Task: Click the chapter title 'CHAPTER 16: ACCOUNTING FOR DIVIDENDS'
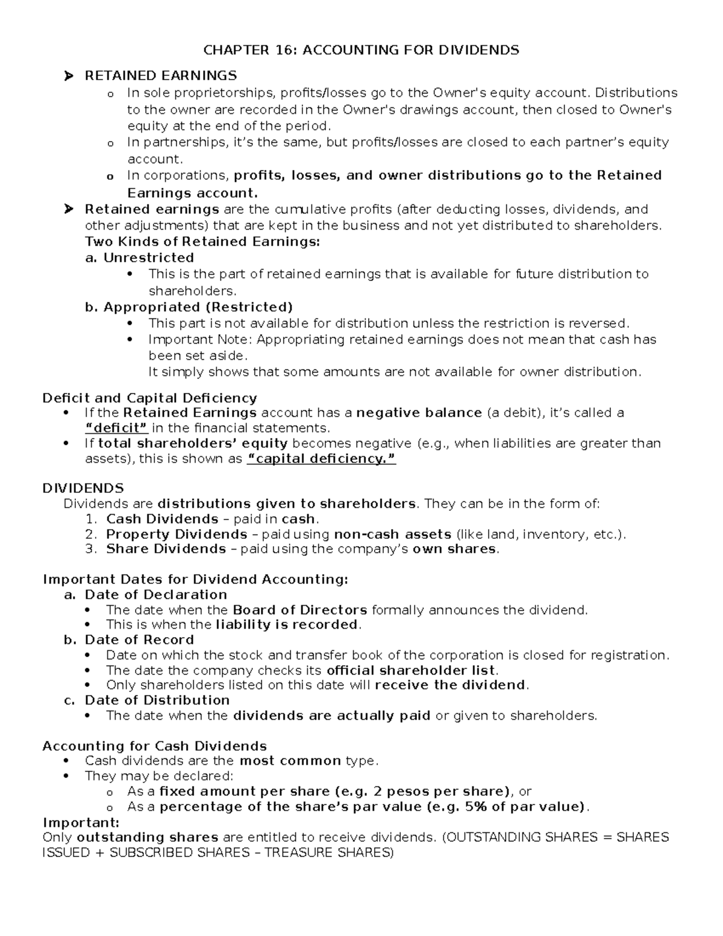click(361, 50)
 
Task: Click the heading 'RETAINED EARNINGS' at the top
click(160, 75)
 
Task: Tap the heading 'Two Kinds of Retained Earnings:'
click(202, 242)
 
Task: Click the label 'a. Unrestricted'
click(139, 258)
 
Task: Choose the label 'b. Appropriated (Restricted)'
click(189, 307)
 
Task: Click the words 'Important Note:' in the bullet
click(201, 339)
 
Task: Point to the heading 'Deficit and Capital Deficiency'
click(149, 398)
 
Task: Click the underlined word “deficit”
click(117, 428)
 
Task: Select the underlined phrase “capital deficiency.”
click(322, 459)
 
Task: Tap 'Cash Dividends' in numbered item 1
click(162, 519)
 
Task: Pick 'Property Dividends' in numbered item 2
click(177, 534)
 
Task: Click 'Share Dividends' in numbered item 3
click(166, 549)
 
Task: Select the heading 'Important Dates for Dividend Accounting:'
click(195, 579)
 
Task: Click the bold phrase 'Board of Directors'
click(299, 609)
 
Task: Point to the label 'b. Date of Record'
click(128, 639)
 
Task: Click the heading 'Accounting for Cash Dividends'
click(154, 746)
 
